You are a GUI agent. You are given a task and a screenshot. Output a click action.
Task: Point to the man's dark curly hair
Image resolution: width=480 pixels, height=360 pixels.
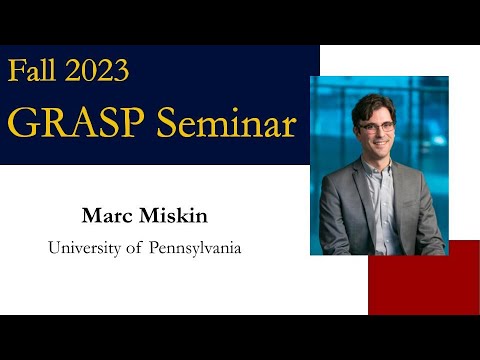click(374, 106)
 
